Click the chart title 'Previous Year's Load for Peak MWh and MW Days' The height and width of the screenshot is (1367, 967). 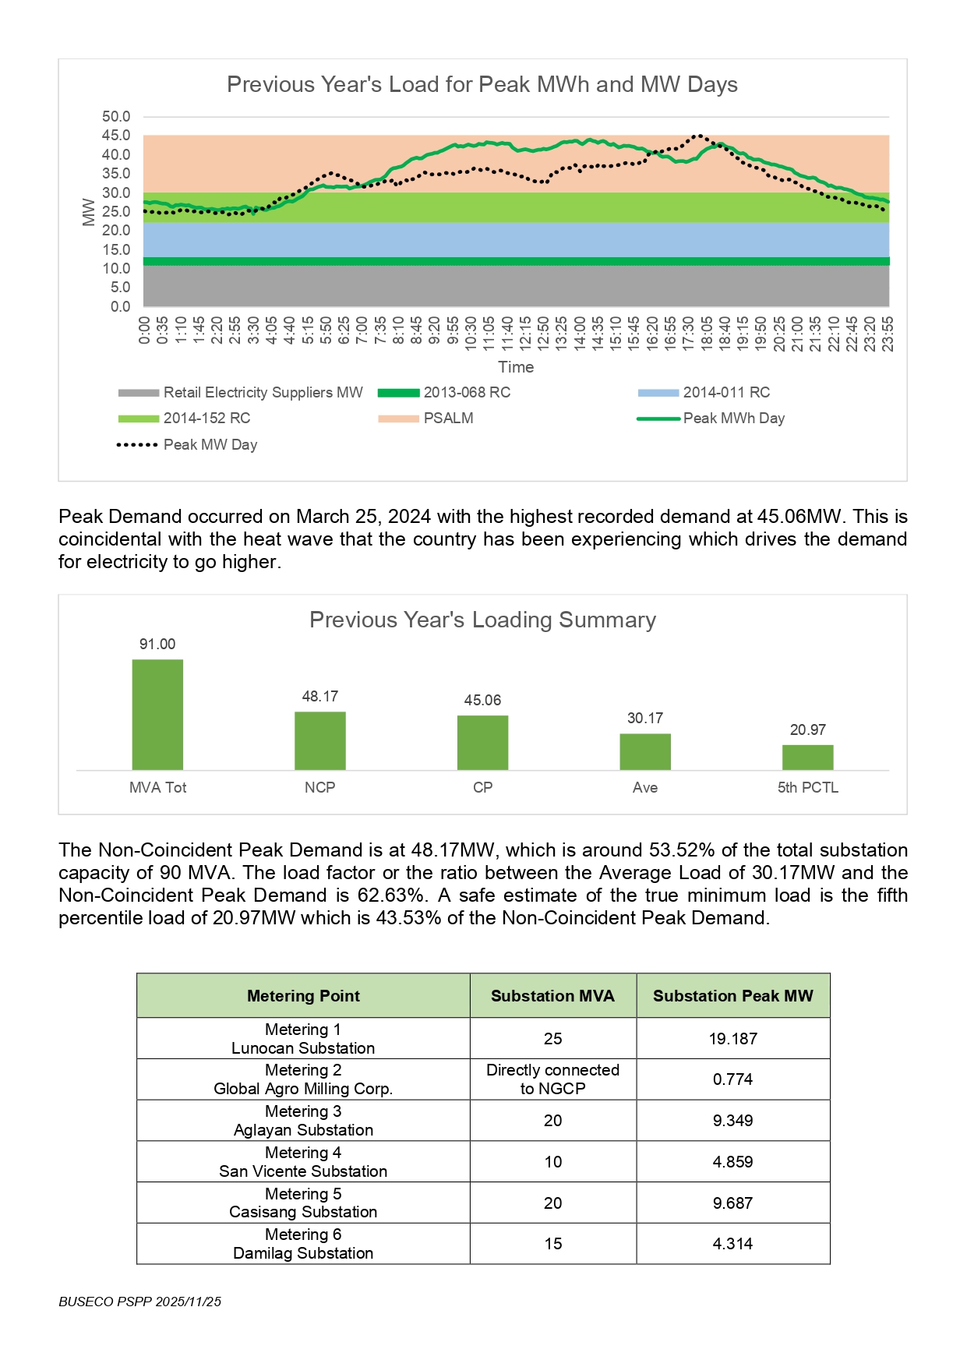(x=482, y=84)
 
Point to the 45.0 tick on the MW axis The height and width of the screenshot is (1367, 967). (x=116, y=136)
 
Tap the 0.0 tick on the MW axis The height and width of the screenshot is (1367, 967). (x=120, y=306)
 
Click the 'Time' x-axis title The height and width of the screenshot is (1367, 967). (x=516, y=367)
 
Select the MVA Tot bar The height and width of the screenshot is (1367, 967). (x=157, y=715)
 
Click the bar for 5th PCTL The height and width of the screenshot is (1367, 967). (x=807, y=758)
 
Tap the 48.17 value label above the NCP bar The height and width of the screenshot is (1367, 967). (x=319, y=696)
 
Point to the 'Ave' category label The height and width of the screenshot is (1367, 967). (x=644, y=788)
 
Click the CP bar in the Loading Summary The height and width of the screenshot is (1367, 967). (x=482, y=743)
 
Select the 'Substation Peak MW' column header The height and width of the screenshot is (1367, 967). (x=732, y=996)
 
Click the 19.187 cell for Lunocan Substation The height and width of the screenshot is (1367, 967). (x=732, y=1039)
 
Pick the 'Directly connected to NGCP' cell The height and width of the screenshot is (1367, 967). (x=552, y=1079)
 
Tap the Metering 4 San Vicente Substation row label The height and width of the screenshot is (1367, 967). (x=303, y=1162)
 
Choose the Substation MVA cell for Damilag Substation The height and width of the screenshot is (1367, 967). (x=552, y=1244)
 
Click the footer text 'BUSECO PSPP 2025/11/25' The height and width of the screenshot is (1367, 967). (x=139, y=1302)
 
